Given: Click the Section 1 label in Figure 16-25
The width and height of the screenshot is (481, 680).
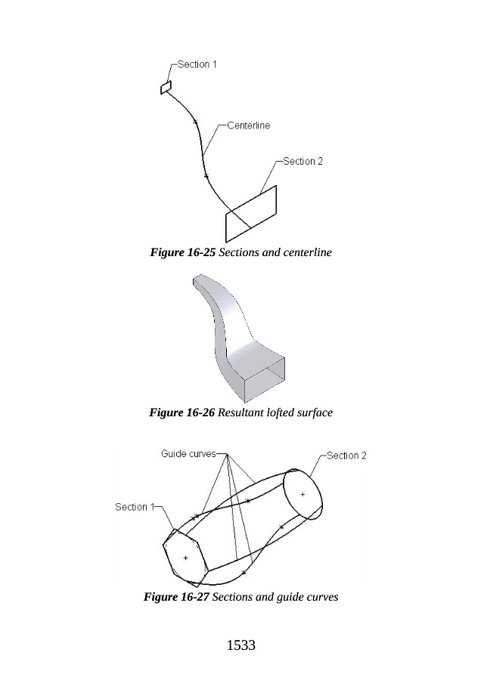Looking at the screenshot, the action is coord(197,64).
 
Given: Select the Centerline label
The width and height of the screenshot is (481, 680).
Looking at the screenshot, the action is coord(248,125).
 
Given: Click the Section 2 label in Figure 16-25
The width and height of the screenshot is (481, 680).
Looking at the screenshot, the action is coord(303,161).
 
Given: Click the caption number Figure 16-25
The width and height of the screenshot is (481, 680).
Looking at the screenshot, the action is coord(182,252).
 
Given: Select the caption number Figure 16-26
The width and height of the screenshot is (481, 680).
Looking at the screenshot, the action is coord(182,413).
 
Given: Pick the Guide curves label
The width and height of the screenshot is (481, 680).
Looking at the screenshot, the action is coord(188,453).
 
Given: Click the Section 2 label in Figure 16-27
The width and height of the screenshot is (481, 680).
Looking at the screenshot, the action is coord(346,456).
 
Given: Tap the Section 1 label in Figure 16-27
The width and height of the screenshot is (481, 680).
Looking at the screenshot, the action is coord(134,507).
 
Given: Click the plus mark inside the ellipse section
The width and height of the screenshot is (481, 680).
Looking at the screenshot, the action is coord(303,494).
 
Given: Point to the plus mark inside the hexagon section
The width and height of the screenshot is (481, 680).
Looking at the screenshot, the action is coord(185,558).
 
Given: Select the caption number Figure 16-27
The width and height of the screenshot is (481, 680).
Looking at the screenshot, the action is coord(176,597).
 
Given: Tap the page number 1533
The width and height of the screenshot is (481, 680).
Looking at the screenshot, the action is coord(241,645).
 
